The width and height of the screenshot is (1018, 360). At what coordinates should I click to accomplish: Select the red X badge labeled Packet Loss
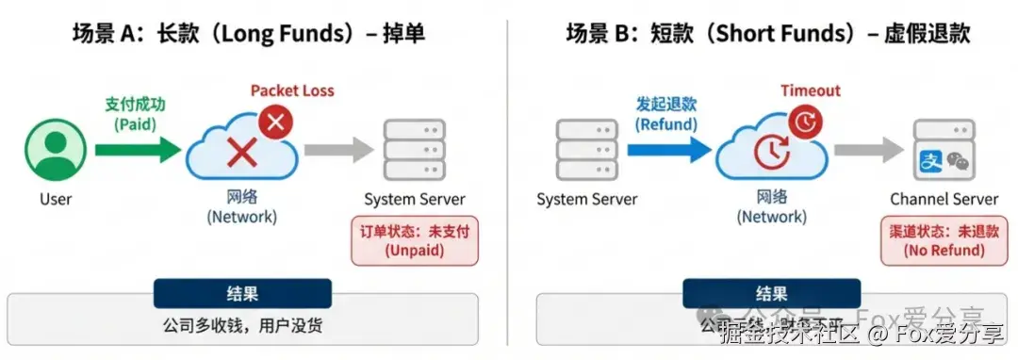276,123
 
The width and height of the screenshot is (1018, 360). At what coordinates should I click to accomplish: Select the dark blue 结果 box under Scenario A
243,294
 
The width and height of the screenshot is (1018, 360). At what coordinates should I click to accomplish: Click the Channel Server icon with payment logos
944,152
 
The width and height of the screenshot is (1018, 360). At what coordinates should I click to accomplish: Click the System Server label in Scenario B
586,200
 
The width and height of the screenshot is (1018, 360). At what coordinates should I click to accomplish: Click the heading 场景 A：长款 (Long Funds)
248,35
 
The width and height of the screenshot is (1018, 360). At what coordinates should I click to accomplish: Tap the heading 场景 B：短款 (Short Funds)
767,35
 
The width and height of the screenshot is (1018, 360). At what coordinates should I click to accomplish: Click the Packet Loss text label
291,91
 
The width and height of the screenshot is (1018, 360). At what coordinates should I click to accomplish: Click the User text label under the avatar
56,200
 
